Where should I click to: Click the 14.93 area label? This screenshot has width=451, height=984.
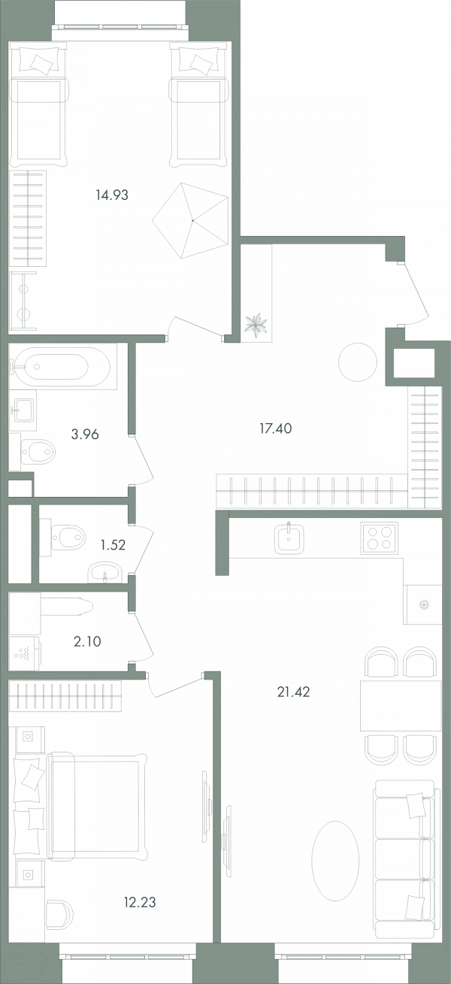(x=112, y=195)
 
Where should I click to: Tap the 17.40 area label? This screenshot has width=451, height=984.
(x=275, y=428)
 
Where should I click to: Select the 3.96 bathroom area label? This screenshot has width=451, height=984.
(x=85, y=434)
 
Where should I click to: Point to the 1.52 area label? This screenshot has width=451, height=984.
(x=113, y=545)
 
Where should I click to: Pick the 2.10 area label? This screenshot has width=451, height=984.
(x=87, y=641)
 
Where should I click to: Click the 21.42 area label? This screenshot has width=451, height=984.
(x=293, y=692)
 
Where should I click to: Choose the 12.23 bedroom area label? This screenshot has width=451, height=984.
(x=140, y=902)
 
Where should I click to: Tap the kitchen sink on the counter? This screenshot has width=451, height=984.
(x=289, y=538)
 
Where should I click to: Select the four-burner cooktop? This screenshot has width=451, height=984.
(x=380, y=537)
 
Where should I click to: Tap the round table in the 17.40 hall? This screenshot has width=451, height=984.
(x=358, y=362)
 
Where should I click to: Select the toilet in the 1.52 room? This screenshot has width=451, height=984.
(x=66, y=537)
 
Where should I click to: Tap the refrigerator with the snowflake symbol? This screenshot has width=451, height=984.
(x=423, y=604)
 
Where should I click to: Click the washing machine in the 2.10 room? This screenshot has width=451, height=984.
(x=25, y=653)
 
